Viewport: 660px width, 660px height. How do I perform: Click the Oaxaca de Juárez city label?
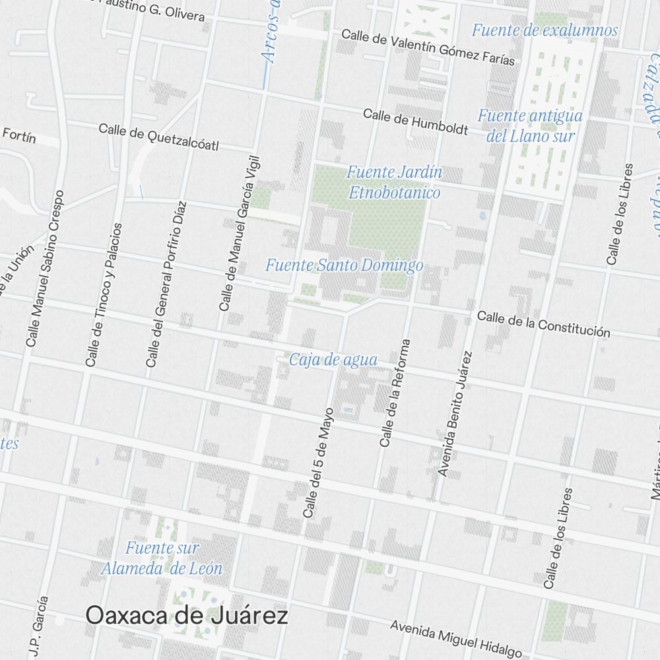187,616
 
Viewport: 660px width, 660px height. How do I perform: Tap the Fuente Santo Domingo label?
344,266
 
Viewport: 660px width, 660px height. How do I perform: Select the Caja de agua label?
333,360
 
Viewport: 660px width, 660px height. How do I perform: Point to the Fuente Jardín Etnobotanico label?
394,183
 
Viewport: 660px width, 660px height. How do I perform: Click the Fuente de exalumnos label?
544,30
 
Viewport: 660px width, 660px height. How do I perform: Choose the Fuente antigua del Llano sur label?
531,126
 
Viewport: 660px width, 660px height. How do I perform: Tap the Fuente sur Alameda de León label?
162,558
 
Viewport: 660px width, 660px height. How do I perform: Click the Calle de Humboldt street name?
415,122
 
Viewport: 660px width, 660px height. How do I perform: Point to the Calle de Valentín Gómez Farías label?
428,47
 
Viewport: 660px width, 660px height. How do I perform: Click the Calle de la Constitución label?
543,324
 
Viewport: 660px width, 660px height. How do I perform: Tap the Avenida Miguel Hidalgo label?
455,638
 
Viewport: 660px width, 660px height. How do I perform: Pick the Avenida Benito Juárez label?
456,414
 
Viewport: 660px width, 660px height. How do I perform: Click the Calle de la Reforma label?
395,393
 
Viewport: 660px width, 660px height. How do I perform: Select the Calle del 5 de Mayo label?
318,462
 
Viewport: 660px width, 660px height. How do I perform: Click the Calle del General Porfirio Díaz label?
167,284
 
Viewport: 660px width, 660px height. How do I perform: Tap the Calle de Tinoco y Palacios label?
104,294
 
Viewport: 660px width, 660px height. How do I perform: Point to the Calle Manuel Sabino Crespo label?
46,269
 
